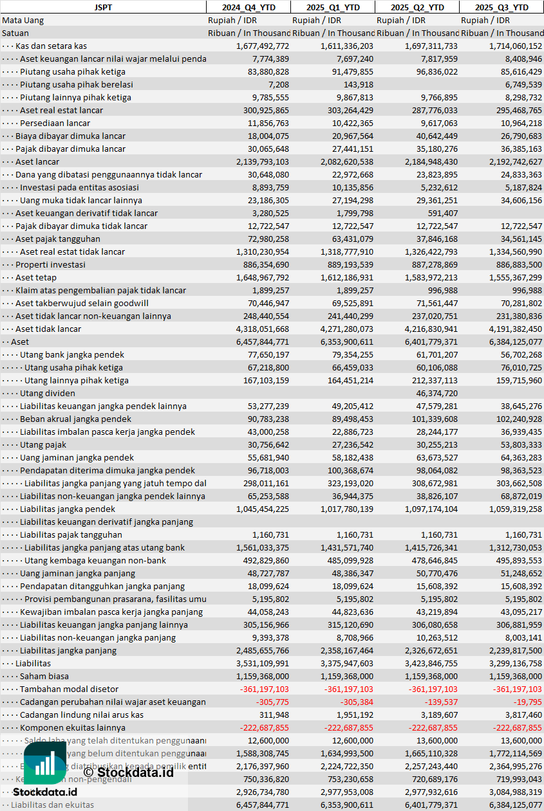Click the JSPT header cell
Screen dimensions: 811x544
point(102,7)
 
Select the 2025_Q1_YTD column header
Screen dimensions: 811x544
point(332,7)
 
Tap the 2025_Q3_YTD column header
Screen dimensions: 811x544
point(502,7)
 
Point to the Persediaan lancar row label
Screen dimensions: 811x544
point(55,123)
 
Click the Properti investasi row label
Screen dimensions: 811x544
point(50,264)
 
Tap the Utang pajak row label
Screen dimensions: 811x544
point(43,444)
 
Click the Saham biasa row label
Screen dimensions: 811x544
point(44,676)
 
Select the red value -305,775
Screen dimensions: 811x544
point(272,702)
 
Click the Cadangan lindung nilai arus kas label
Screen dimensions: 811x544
point(82,715)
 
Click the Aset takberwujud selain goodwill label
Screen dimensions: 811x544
point(82,303)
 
